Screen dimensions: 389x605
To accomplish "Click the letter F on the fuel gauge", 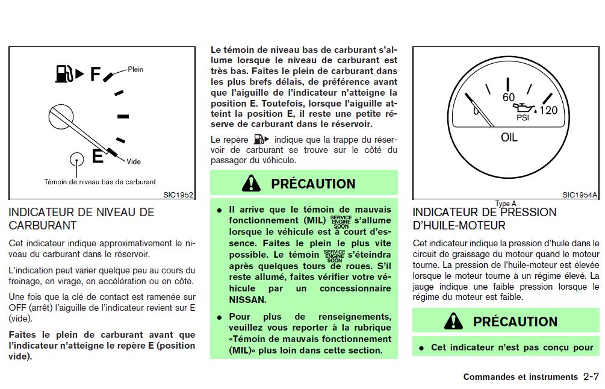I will pos(95,74).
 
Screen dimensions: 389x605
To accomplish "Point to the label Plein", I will pos(135,69).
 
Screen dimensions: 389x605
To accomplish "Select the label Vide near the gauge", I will pos(134,161).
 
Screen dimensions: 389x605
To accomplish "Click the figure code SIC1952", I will pos(178,194).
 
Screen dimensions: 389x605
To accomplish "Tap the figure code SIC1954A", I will pos(580,194).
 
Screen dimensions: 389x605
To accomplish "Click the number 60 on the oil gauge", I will pos(509,98).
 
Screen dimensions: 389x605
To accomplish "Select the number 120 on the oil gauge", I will pos(548,111).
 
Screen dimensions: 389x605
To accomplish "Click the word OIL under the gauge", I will pos(509,138).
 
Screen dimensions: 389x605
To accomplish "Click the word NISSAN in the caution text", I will pos(247,299).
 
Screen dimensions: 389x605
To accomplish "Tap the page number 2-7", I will pos(591,377).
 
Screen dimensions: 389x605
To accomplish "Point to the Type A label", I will pos(506,204).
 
